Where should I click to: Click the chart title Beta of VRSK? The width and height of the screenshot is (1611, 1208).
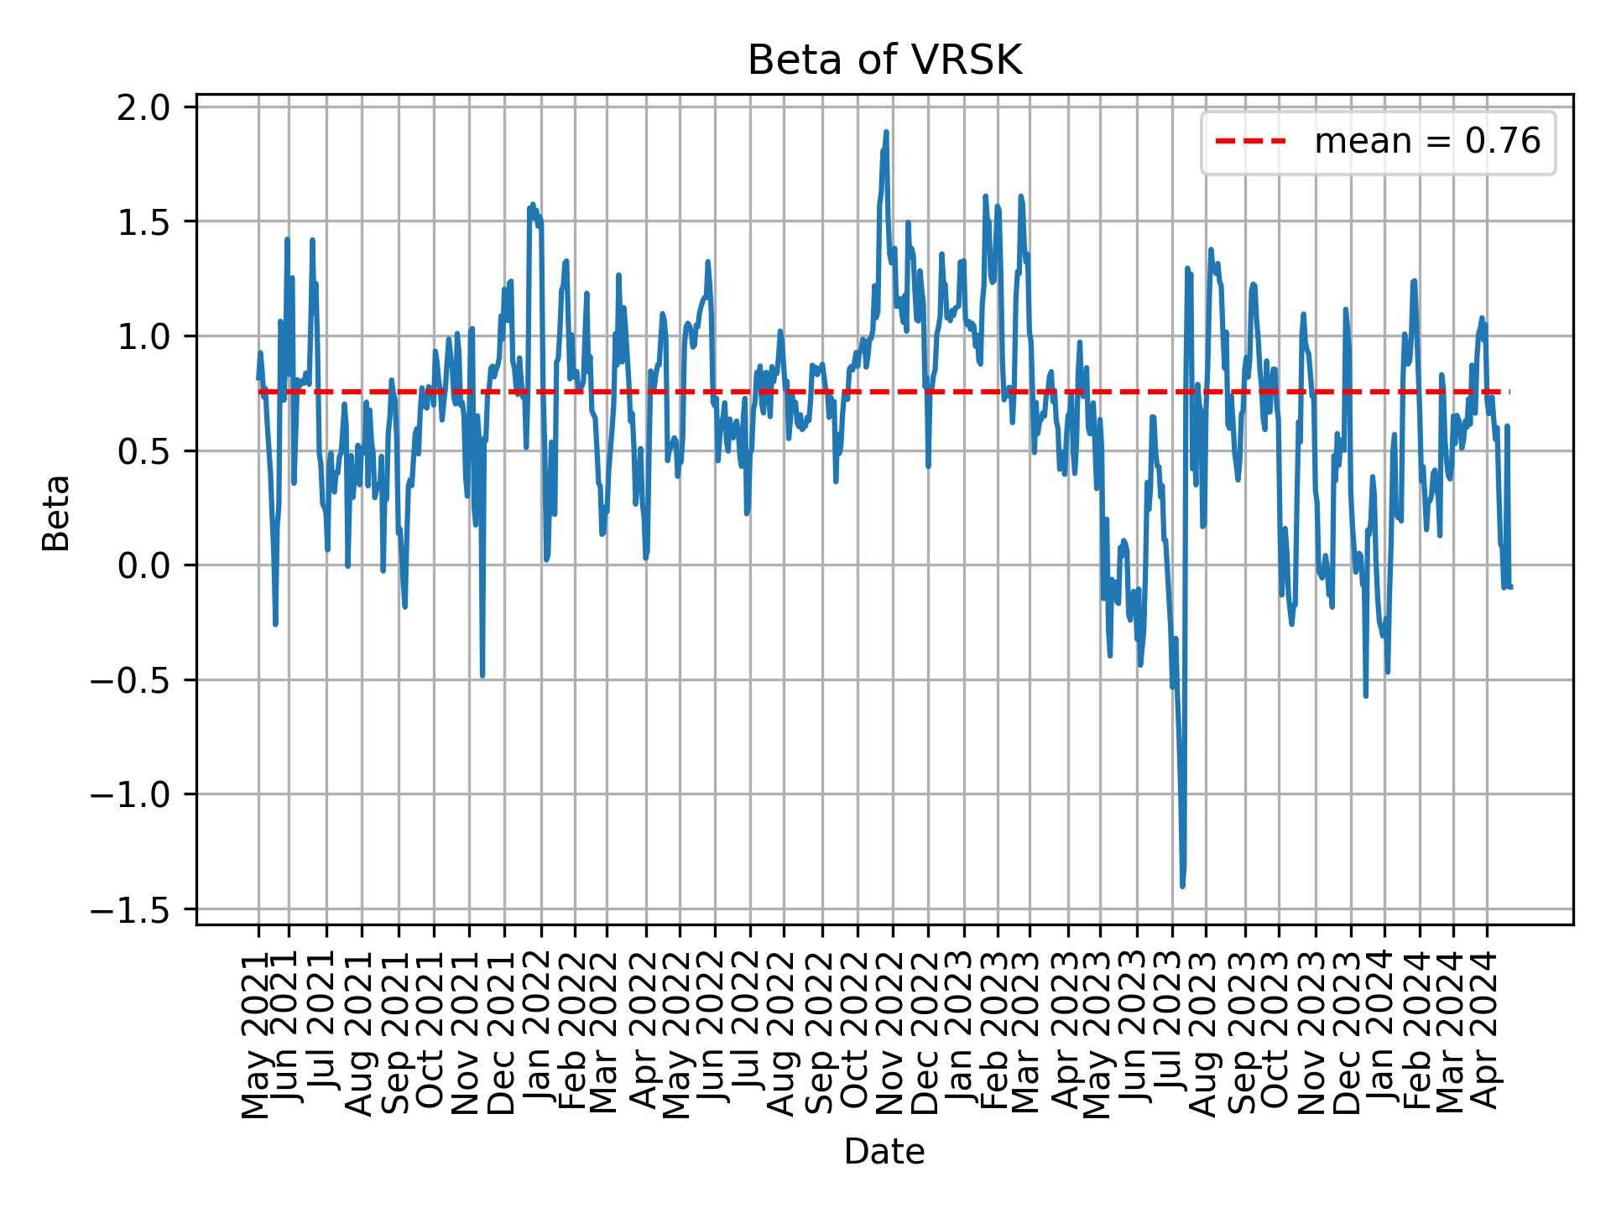pos(884,61)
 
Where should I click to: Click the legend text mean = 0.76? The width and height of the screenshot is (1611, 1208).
pos(1427,142)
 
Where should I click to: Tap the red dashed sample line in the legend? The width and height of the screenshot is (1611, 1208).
pos(1250,142)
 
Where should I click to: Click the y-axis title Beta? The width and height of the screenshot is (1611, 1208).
pos(56,513)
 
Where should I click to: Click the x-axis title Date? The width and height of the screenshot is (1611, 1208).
pos(884,1153)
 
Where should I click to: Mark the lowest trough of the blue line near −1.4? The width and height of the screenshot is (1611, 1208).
pos(1182,885)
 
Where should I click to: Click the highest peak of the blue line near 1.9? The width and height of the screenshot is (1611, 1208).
pos(886,133)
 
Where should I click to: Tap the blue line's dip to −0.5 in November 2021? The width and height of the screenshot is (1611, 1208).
pos(482,675)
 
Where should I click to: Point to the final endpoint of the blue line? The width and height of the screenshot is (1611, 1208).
pos(1510,586)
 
